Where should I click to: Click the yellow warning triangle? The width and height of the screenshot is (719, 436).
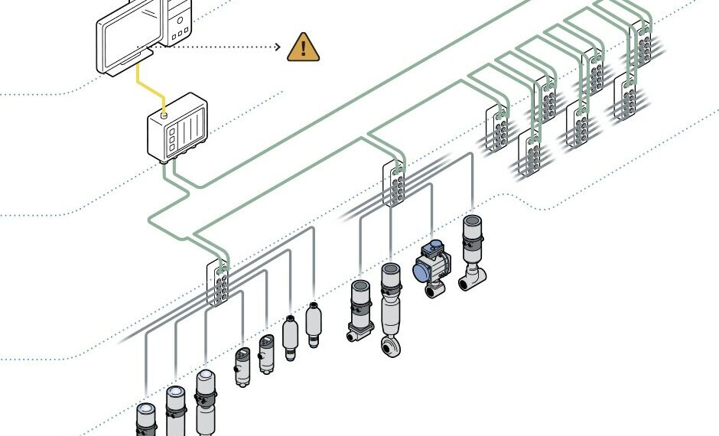[x=304, y=47]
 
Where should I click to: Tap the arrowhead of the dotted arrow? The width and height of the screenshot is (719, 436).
[x=278, y=47]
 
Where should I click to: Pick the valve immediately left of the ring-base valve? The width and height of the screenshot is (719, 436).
[x=360, y=310]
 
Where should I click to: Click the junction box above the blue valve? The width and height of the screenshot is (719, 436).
[x=394, y=184]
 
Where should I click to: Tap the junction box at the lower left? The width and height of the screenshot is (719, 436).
[x=219, y=283]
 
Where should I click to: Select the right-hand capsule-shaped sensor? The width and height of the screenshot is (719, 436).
[x=313, y=325]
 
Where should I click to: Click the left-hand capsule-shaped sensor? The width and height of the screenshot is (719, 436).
[x=290, y=337]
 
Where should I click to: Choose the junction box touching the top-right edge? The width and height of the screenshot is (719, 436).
[x=641, y=42]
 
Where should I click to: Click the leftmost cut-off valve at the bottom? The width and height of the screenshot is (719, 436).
[x=146, y=419]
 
